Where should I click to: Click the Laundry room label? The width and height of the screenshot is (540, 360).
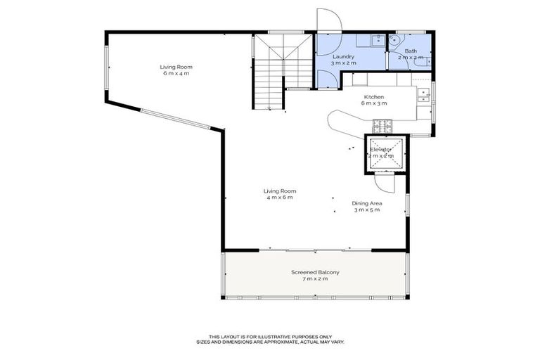point(343,56)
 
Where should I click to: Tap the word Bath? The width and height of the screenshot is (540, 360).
point(410,51)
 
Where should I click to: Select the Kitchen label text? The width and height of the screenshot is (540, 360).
point(373,96)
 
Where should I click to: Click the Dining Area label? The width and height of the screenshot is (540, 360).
point(366,203)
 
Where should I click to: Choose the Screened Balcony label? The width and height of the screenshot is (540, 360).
point(315,272)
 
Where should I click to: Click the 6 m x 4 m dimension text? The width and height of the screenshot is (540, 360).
point(176,73)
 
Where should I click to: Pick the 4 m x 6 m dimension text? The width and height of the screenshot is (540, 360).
point(280,198)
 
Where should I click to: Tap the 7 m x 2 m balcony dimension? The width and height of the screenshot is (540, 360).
point(315,279)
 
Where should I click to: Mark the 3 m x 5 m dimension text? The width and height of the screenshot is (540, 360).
point(366,210)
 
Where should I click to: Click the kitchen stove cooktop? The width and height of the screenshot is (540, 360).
point(382,126)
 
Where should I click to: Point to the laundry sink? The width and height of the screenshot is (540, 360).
point(378,40)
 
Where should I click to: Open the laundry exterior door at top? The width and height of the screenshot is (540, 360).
point(328,22)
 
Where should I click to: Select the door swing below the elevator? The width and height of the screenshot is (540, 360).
point(385,183)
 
